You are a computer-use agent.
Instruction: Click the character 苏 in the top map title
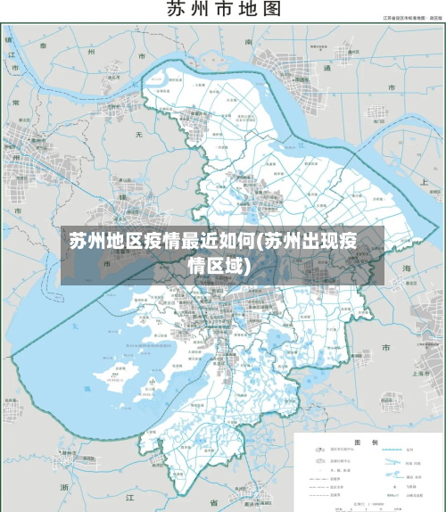(176, 10)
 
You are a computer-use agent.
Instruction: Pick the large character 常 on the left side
(15, 103)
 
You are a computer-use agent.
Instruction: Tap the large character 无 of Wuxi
(138, 133)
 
